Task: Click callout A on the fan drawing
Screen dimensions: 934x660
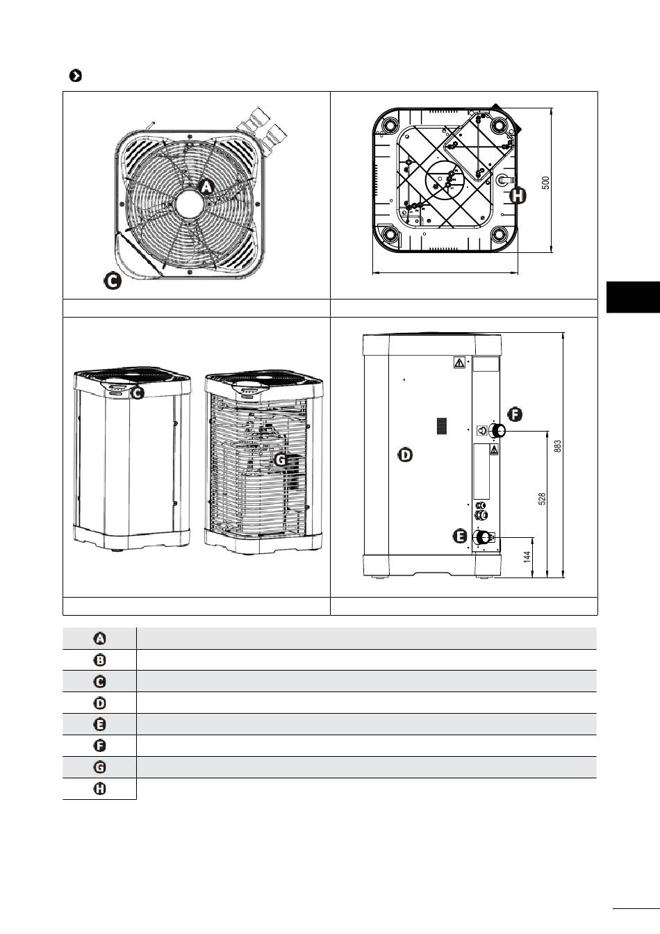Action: pyautogui.click(x=206, y=186)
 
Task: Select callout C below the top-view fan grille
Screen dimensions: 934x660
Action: pyautogui.click(x=112, y=281)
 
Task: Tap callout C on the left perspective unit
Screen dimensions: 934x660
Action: pyautogui.click(x=138, y=393)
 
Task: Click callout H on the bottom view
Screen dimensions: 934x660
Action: pyautogui.click(x=518, y=196)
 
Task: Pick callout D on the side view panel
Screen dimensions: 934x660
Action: pyautogui.click(x=404, y=455)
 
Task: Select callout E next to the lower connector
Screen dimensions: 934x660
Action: pyautogui.click(x=459, y=536)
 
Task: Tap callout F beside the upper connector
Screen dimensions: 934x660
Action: pyautogui.click(x=515, y=414)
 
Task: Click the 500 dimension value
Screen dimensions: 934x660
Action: pyautogui.click(x=546, y=182)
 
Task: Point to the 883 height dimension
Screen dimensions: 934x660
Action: pyautogui.click(x=557, y=445)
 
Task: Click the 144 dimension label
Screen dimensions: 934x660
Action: pyautogui.click(x=527, y=557)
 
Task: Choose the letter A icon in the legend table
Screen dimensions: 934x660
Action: pyautogui.click(x=100, y=639)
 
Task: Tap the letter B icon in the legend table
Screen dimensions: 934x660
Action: pyautogui.click(x=100, y=660)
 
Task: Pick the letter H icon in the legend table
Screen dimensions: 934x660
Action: pyautogui.click(x=100, y=789)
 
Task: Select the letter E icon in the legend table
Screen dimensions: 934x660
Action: pyautogui.click(x=100, y=724)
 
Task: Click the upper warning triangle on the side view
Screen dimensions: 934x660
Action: pyautogui.click(x=459, y=362)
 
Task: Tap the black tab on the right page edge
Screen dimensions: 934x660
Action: pyautogui.click(x=633, y=297)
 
